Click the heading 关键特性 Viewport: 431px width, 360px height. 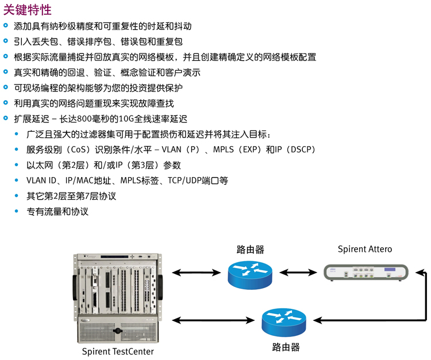28,10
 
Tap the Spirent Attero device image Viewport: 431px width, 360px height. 365,273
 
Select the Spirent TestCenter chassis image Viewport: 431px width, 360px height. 118,298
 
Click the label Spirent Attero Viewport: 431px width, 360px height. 365,249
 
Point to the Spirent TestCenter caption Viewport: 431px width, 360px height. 118,351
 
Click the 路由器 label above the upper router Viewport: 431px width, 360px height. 251,250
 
